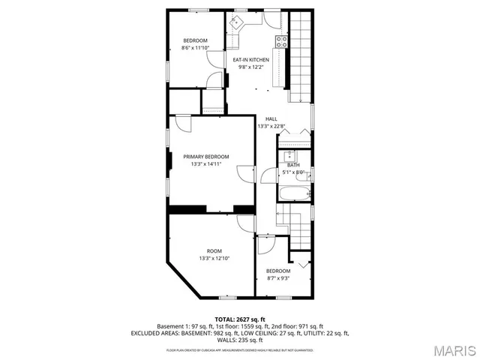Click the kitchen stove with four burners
pyautogui.click(x=282, y=41)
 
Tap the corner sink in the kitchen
pyautogui.click(x=236, y=21)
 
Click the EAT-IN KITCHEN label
pyautogui.click(x=250, y=60)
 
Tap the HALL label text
pyautogui.click(x=271, y=118)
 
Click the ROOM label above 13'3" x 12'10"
pyautogui.click(x=214, y=250)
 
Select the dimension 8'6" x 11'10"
pyautogui.click(x=195, y=47)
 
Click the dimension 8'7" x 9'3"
pyautogui.click(x=278, y=278)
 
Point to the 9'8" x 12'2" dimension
pyautogui.click(x=250, y=67)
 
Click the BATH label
pyautogui.click(x=292, y=165)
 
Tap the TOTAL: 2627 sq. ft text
pyautogui.click(x=240, y=319)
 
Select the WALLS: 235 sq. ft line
pyautogui.click(x=240, y=339)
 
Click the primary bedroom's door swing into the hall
pyautogui.click(x=244, y=174)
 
